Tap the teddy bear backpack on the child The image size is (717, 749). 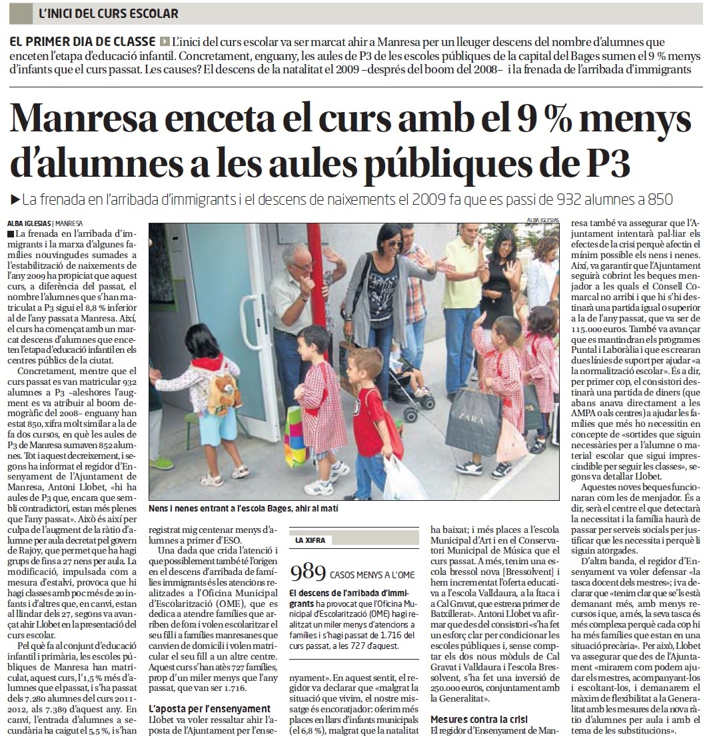click(x=223, y=393)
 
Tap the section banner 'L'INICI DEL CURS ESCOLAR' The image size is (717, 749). click(x=109, y=13)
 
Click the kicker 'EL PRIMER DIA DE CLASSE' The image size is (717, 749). click(x=83, y=41)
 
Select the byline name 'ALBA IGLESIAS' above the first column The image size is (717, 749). click(x=29, y=223)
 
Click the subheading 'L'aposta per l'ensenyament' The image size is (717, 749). click(x=210, y=708)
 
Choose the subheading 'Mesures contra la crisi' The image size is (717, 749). click(x=478, y=719)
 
